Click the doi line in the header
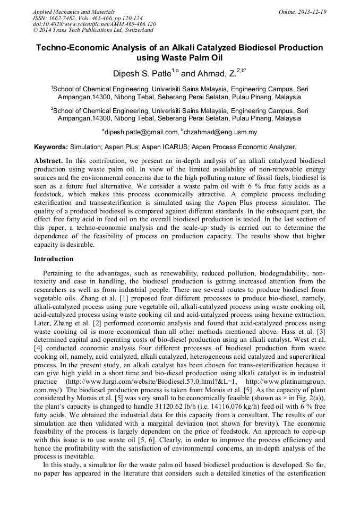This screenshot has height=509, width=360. tap(95, 24)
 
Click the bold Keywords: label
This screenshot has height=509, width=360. tap(51, 146)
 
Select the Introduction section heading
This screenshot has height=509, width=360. tap(54, 259)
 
